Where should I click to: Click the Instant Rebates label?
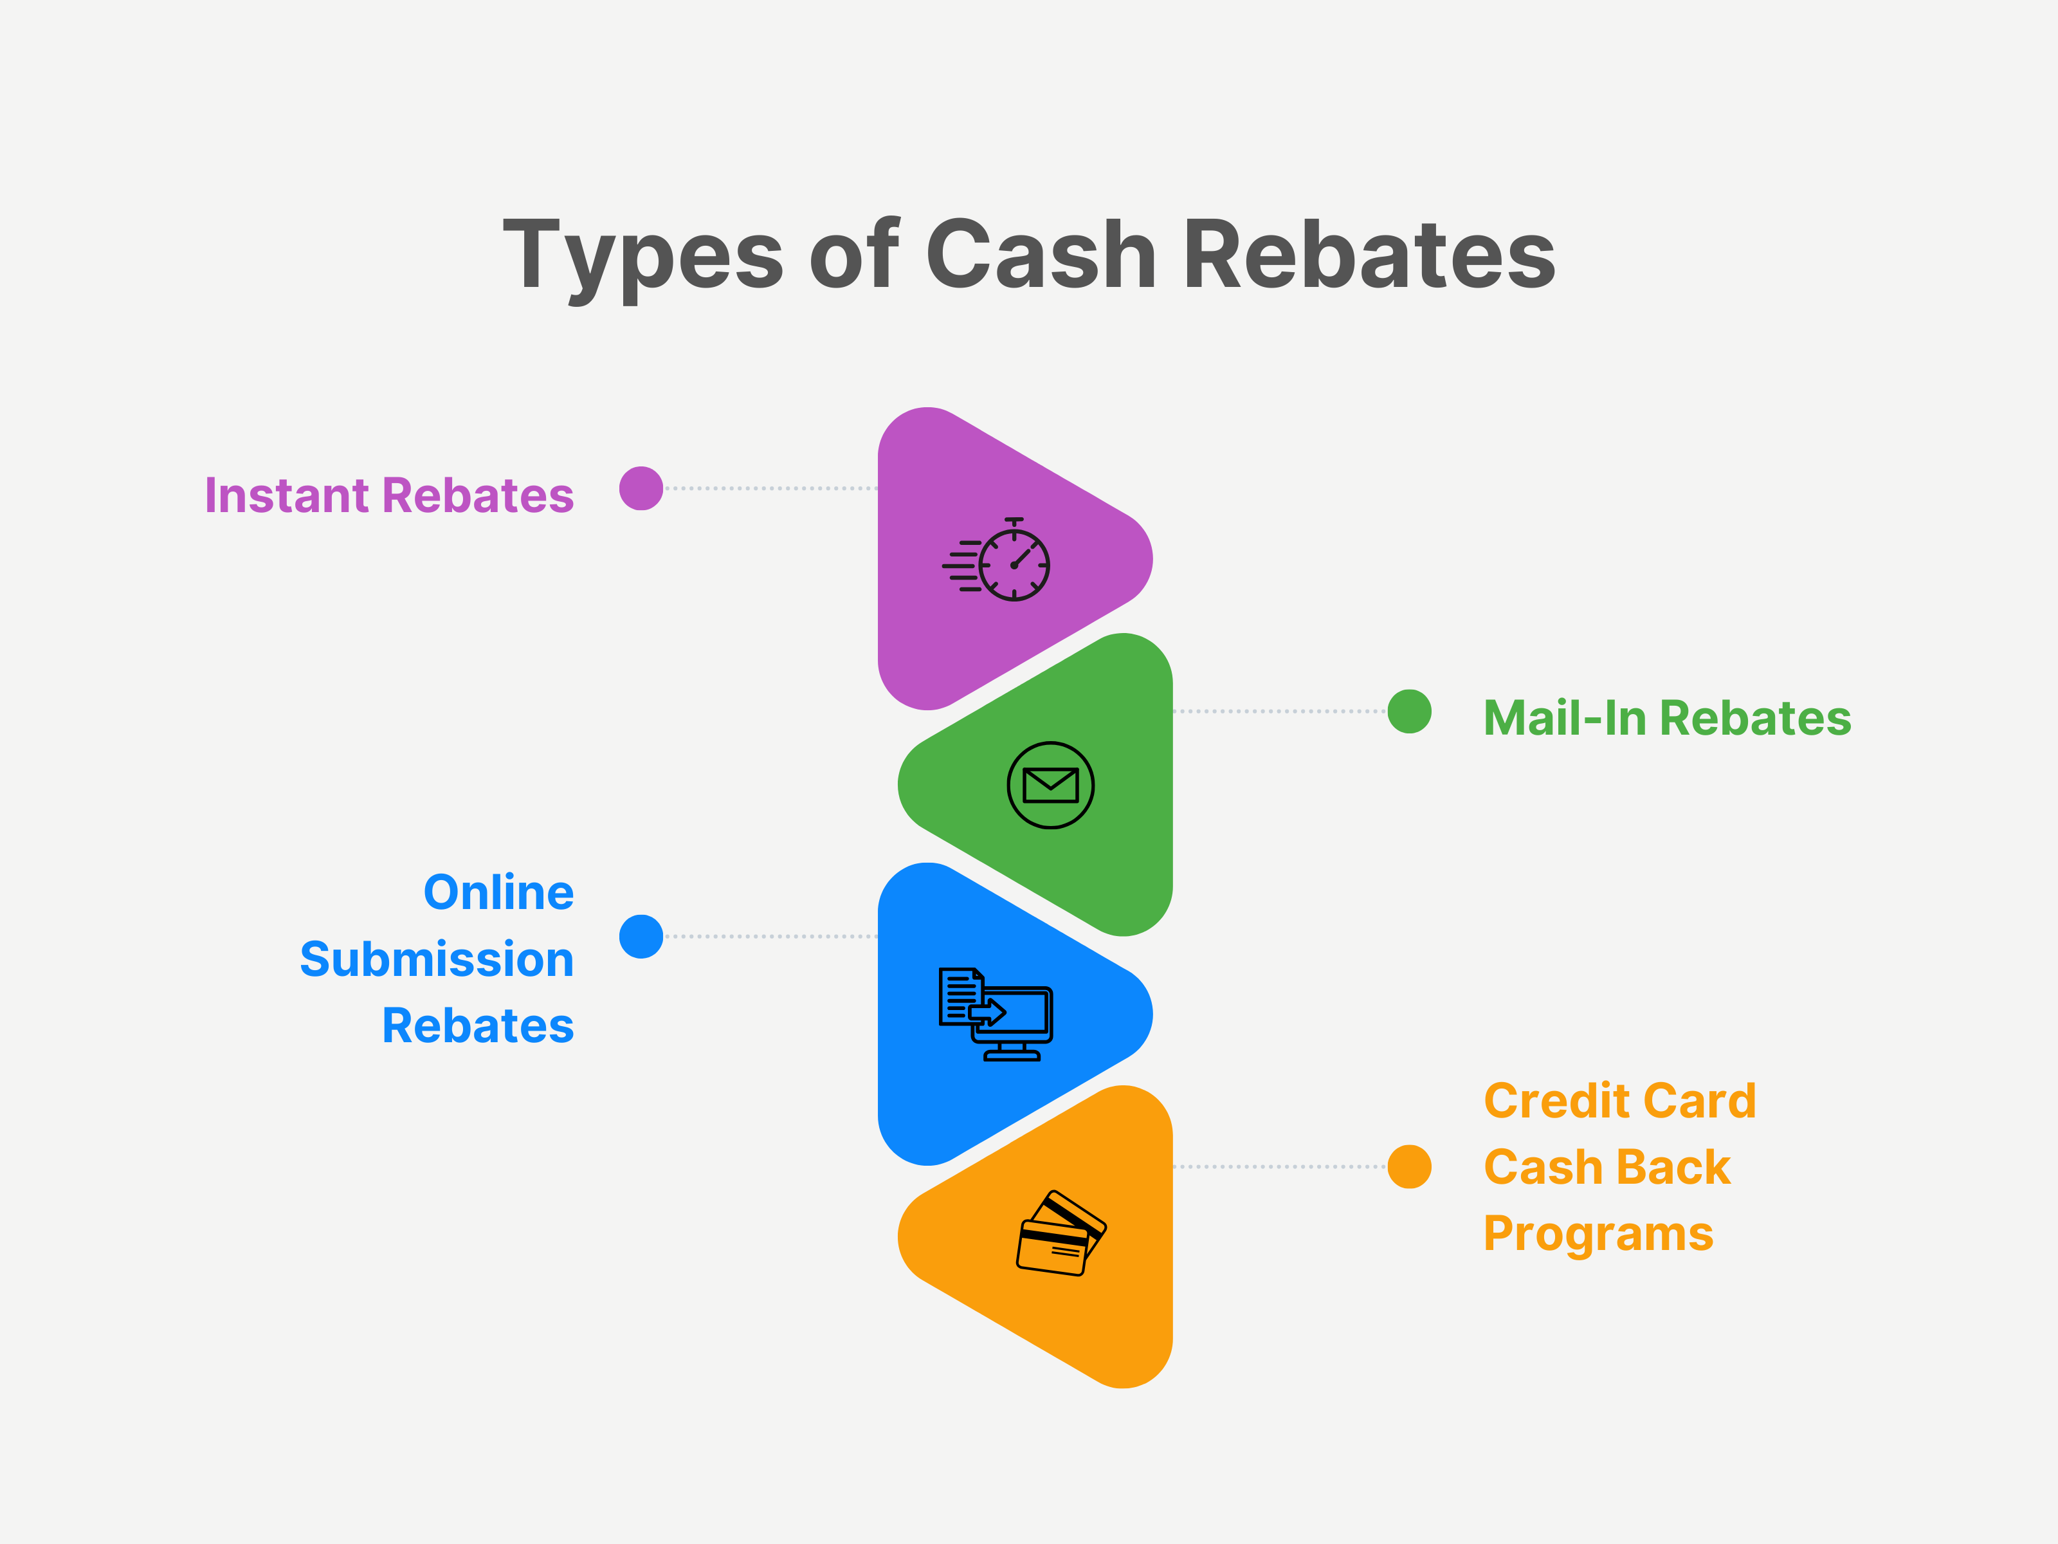pos(389,495)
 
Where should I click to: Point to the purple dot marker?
pos(641,488)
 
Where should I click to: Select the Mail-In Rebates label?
pos(1667,719)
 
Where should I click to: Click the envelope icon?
pos(1050,785)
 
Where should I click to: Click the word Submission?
pos(436,960)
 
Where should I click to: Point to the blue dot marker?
pos(641,936)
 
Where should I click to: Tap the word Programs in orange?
pos(1598,1235)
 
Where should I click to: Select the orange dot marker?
pos(1410,1167)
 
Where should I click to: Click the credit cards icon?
pos(1061,1233)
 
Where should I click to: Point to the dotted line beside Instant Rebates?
pos(770,488)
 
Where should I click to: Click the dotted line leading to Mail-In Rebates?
pos(1279,711)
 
